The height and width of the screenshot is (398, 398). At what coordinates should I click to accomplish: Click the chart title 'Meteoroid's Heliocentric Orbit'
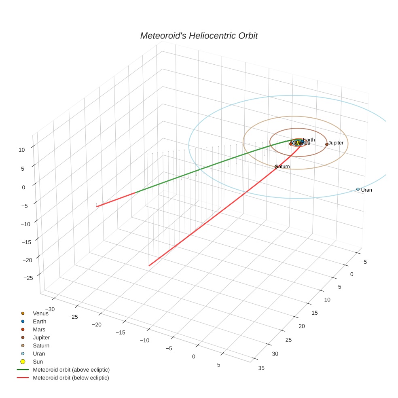199,36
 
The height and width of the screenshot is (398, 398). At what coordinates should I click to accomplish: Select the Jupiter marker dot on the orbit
327,144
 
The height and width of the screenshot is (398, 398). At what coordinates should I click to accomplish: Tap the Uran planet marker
358,189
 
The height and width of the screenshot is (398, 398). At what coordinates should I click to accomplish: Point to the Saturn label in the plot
283,167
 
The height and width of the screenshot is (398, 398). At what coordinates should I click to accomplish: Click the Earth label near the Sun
309,140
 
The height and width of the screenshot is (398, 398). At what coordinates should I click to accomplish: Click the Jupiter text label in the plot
336,143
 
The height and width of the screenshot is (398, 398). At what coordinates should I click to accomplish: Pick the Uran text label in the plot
366,190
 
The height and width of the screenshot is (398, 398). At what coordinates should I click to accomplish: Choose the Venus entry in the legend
40,313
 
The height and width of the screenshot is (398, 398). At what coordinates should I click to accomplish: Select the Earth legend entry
40,322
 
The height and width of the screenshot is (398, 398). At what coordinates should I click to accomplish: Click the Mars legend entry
39,330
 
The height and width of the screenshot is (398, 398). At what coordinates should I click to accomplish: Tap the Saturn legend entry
41,346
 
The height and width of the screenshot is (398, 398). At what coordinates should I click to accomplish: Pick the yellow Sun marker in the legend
23,362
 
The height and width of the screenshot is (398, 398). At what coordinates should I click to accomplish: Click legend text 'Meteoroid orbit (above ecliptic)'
71,370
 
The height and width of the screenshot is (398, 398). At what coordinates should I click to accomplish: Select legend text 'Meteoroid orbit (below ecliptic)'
71,378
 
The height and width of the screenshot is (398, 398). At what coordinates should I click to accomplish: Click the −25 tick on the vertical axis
28,278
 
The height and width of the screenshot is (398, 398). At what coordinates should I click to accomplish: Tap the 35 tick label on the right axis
261,368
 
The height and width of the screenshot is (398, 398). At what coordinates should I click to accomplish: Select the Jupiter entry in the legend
41,338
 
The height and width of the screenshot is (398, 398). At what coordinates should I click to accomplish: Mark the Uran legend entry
39,354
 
